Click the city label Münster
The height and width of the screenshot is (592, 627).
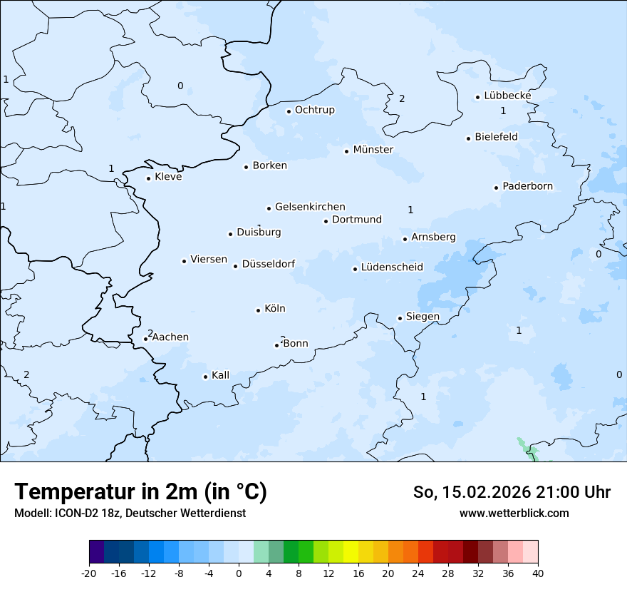(373, 150)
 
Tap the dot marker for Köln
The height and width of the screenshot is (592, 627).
(259, 310)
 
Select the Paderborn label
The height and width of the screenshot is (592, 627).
(527, 186)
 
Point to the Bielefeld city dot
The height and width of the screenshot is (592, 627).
(469, 138)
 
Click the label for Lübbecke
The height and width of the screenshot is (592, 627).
(507, 96)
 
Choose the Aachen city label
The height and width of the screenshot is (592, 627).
(170, 337)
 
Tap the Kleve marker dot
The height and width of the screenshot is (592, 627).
(149, 178)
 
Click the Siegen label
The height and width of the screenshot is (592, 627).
(423, 317)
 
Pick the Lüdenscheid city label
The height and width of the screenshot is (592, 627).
(392, 267)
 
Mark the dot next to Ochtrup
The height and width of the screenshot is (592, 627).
(289, 111)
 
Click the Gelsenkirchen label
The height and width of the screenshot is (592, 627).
(310, 207)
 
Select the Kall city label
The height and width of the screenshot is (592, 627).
(220, 375)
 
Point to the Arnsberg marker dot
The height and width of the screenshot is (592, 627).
(405, 239)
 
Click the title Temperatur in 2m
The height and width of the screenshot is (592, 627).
(140, 492)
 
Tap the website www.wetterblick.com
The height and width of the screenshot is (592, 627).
(514, 513)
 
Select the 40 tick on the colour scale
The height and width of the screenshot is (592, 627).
(538, 573)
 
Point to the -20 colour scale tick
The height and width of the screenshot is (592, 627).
(89, 573)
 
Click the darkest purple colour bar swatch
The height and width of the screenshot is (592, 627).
(96, 552)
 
